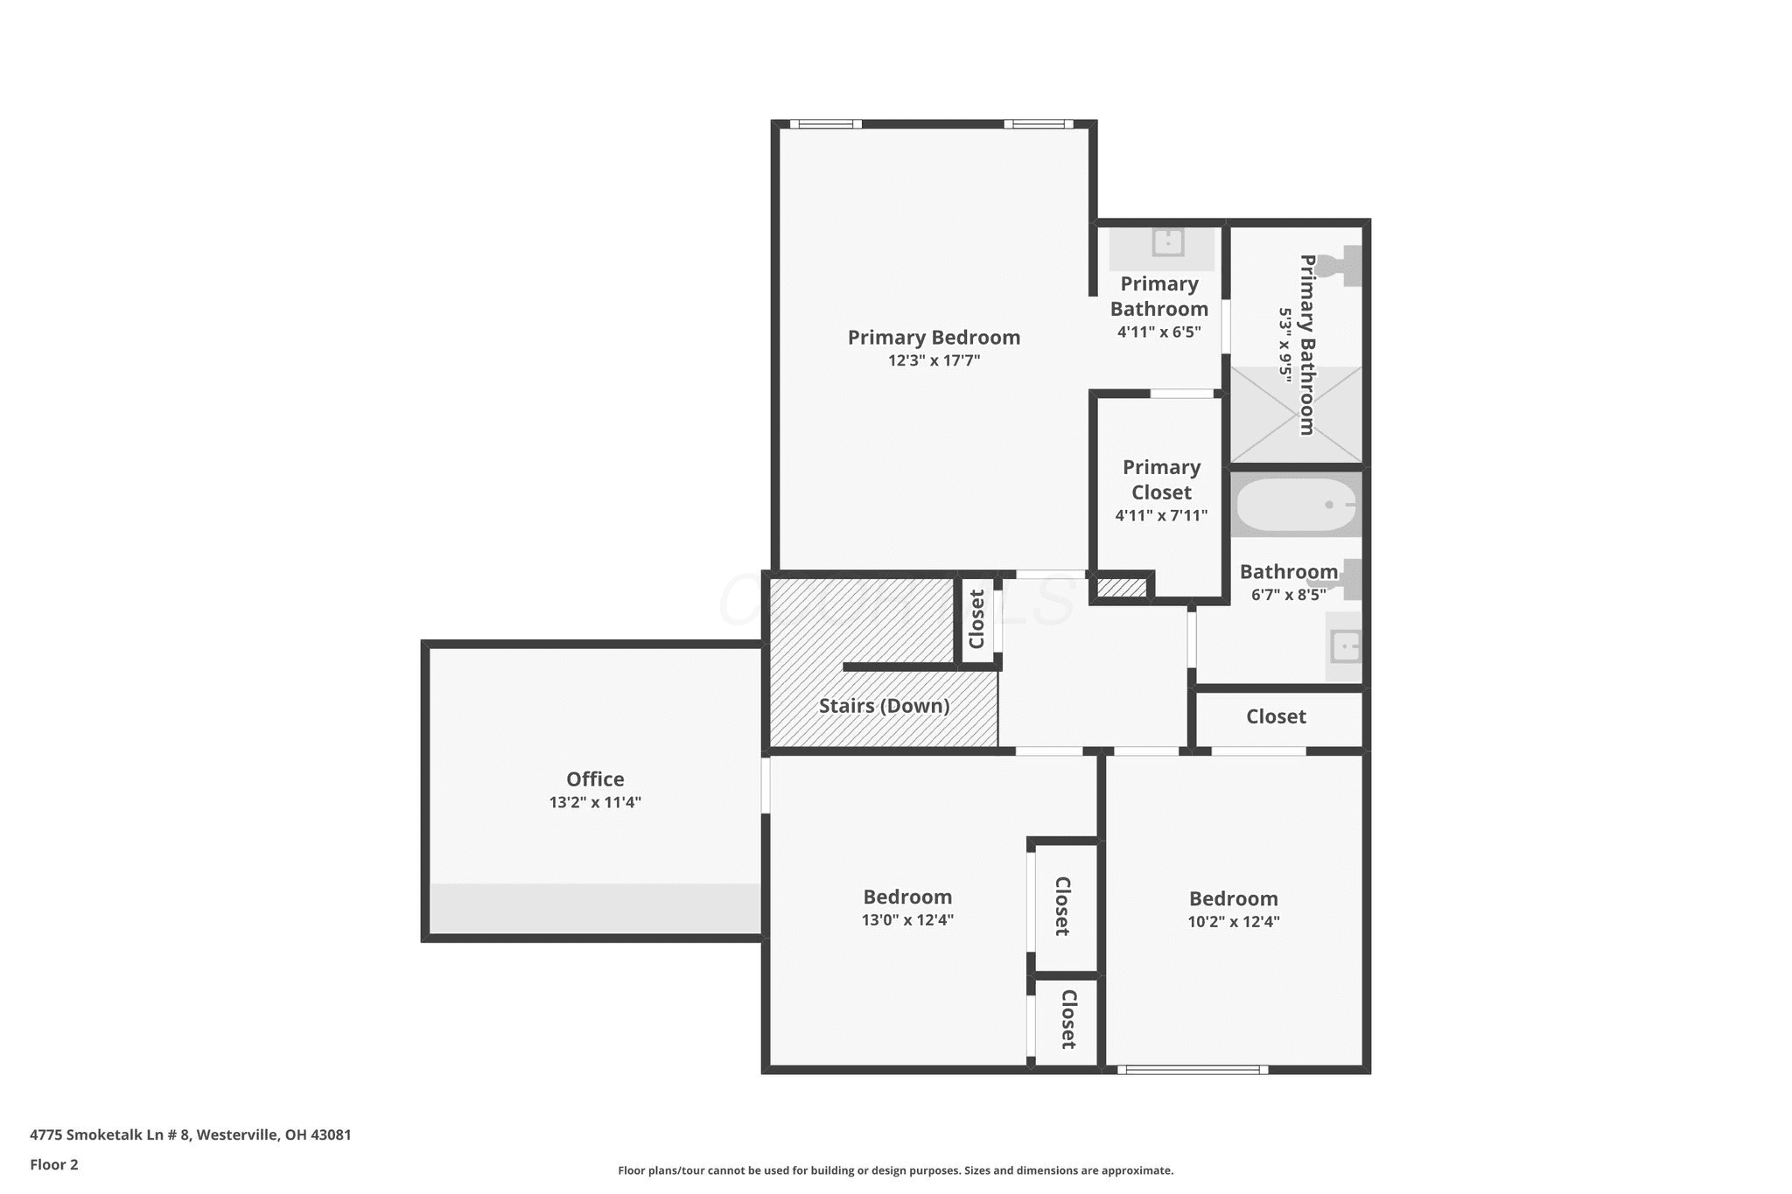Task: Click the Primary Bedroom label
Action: [x=934, y=338]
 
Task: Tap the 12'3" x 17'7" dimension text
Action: [x=934, y=360]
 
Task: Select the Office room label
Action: [x=595, y=779]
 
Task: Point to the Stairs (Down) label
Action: [x=884, y=706]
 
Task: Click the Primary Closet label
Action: [x=1161, y=479]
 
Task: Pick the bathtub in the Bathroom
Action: [x=1296, y=505]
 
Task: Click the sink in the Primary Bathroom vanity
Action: [x=1167, y=241]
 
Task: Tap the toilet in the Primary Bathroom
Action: [x=1341, y=265]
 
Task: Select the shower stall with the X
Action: [x=1296, y=414]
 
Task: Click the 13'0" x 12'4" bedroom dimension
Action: [x=907, y=920]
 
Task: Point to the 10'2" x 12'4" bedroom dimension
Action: [x=1234, y=922]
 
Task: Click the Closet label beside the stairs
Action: [x=977, y=618]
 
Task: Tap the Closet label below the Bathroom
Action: [x=1276, y=716]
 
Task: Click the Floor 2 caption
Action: [x=54, y=1164]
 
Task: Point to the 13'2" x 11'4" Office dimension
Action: [x=595, y=802]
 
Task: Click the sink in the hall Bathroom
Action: [x=1344, y=647]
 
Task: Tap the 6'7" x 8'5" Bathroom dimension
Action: [x=1288, y=595]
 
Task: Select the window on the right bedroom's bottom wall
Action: [x=1193, y=1069]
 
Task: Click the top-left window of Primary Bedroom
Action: [x=825, y=124]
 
